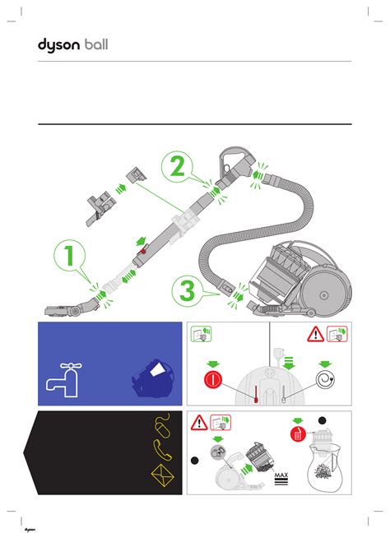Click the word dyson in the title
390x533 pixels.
[x=58, y=45]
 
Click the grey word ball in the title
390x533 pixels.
[x=96, y=44]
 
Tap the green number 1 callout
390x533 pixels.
[x=69, y=255]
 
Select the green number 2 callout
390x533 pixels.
[x=177, y=166]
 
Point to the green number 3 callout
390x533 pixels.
[x=188, y=291]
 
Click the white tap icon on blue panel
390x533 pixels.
[x=64, y=380]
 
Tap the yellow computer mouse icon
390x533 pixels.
[x=163, y=425]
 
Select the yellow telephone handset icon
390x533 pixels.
[x=163, y=450]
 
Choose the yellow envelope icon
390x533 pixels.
[x=163, y=475]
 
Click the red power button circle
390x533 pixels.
[x=213, y=379]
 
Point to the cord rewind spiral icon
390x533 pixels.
[x=325, y=379]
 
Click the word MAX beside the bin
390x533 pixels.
[x=281, y=475]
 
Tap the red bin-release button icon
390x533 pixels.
[x=298, y=434]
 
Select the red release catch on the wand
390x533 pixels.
[x=143, y=251]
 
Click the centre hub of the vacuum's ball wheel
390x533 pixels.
[x=323, y=295]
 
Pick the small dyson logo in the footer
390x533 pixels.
[x=30, y=530]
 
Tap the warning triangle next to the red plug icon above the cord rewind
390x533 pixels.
[x=315, y=334]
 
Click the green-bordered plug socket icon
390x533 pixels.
[x=201, y=334]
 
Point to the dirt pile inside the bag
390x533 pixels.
[x=323, y=472]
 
